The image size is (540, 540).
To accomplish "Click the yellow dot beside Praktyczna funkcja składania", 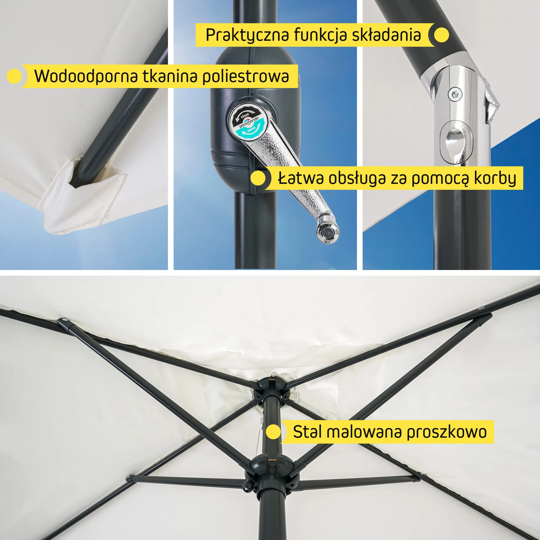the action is coord(441,35).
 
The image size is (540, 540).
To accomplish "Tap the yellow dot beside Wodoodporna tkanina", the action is coord(14,76).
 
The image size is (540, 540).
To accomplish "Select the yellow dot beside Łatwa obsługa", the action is coord(258,178).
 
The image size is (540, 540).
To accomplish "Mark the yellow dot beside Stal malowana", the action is coord(273,432).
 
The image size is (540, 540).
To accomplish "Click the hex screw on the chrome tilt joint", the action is coord(455,93).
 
